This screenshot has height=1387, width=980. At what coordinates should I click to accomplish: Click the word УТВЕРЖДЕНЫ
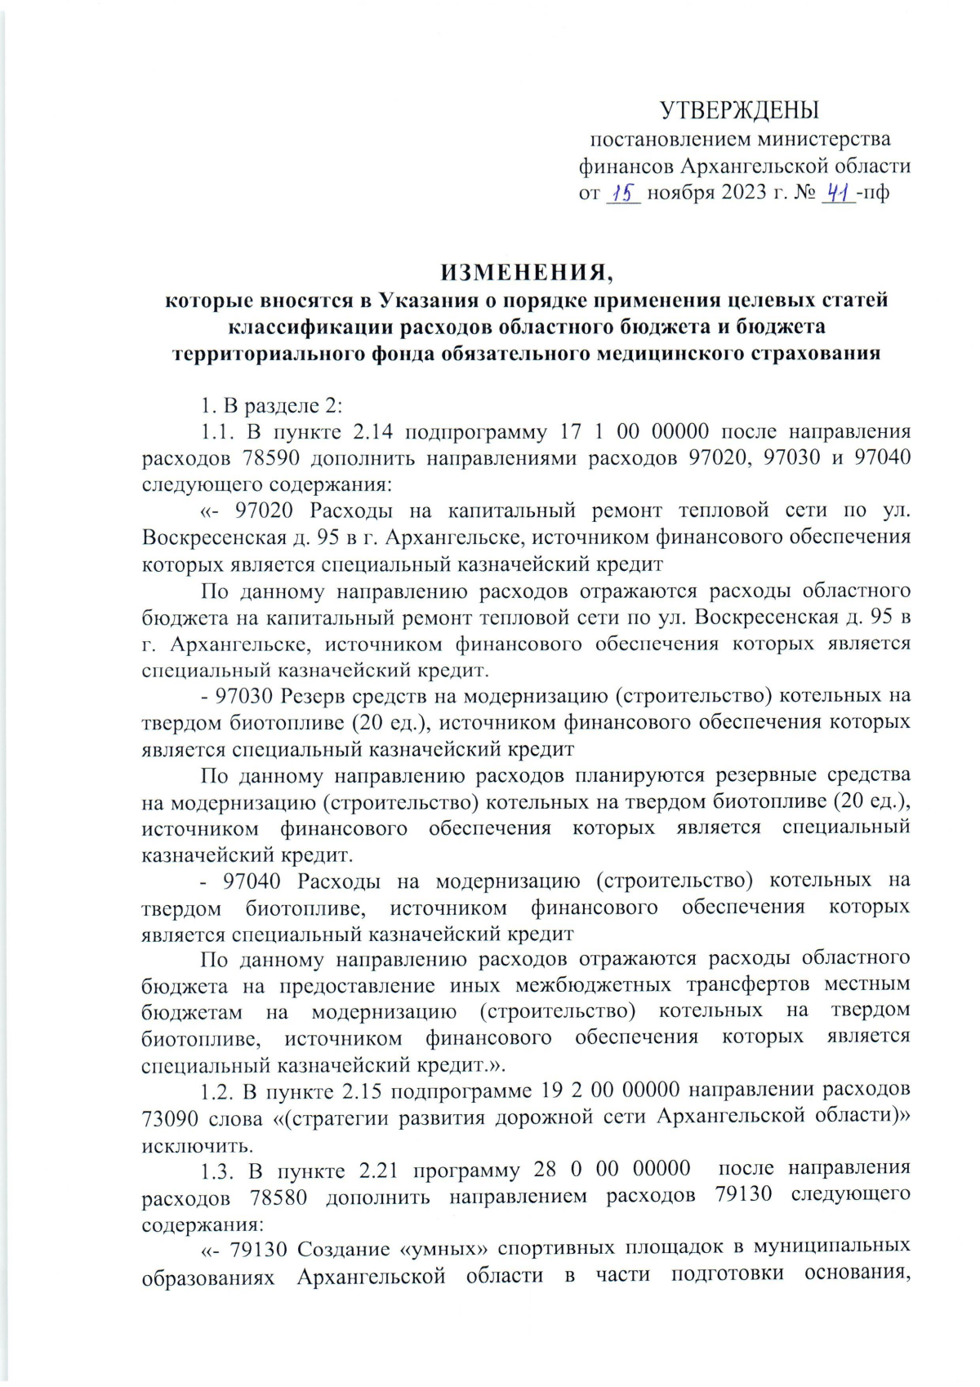739,109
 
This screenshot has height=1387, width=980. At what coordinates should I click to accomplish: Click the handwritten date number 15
624,193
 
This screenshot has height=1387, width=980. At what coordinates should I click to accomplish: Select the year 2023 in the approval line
743,193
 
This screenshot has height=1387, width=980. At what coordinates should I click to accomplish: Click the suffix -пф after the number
873,193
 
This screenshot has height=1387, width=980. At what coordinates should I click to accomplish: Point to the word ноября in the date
680,193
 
